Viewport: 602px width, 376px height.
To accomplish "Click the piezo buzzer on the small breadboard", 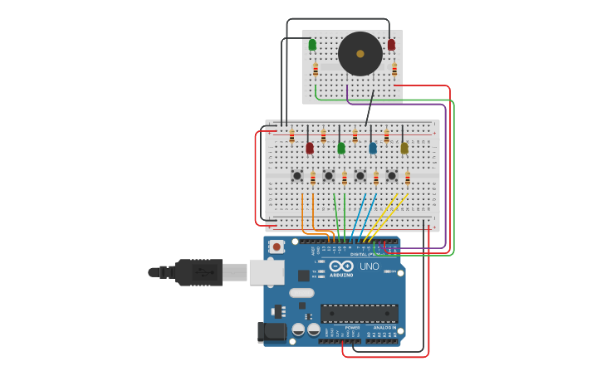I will (360, 54).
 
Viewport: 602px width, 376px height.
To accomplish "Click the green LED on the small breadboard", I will (312, 45).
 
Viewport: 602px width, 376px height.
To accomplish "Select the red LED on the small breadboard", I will (391, 45).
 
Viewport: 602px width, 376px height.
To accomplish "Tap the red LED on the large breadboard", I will (310, 148).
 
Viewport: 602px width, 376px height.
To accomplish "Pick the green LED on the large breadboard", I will (341, 148).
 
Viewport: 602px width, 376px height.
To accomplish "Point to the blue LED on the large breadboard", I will (373, 148).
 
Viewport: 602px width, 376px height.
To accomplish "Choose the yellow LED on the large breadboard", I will (404, 148).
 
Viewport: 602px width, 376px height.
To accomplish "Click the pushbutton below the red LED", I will (296, 176).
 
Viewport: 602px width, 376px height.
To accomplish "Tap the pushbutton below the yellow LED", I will (391, 176).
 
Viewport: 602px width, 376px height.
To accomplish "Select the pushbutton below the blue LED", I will (360, 176).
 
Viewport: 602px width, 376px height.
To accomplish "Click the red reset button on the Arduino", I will (277, 247).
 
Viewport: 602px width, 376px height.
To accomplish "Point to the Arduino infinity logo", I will (341, 267).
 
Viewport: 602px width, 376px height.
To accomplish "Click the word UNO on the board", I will (369, 266).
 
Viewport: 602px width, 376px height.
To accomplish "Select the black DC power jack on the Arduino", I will (271, 332).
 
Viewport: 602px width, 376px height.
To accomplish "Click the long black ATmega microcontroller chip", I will (359, 314).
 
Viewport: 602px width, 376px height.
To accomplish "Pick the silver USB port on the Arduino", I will (267, 272).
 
